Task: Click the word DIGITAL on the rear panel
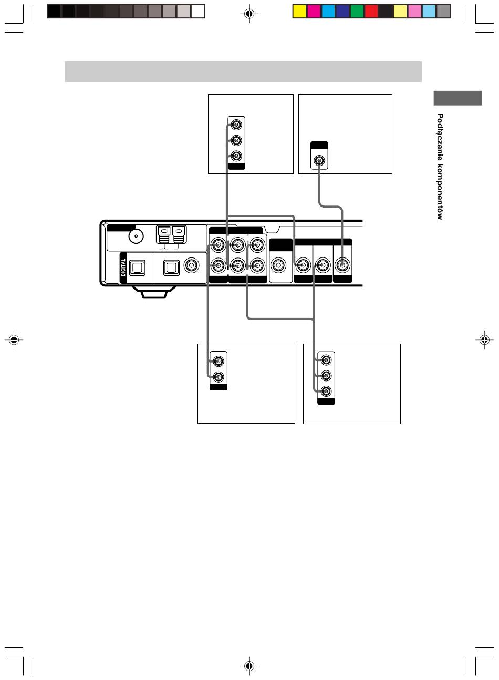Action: (123, 267)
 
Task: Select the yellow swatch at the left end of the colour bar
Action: (299, 11)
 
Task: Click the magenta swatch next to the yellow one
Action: (314, 11)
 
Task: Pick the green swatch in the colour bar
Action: (357, 11)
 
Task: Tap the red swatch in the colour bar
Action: (371, 11)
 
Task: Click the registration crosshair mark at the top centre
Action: (249, 13)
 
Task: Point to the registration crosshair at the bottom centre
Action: (249, 666)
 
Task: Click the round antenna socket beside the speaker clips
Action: (136, 236)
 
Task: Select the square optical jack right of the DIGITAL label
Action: (138, 268)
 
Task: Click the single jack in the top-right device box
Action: (319, 160)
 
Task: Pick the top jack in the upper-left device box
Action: (236, 125)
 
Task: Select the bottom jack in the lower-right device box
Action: (326, 391)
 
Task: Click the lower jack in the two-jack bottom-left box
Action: (218, 377)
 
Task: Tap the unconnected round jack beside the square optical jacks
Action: (191, 265)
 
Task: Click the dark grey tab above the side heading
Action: (458, 98)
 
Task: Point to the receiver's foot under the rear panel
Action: (154, 292)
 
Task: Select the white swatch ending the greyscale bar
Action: (198, 11)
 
